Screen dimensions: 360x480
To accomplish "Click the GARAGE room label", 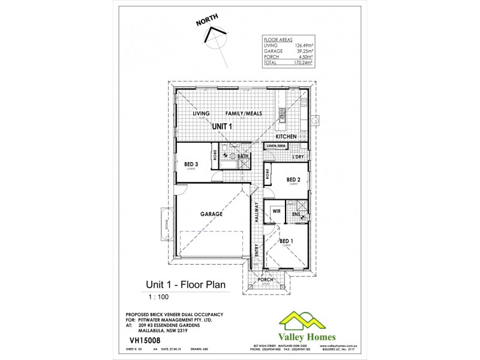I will coord(211,214).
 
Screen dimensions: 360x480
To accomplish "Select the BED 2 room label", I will coord(293,179).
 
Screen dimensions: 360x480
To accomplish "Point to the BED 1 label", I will coord(286,241).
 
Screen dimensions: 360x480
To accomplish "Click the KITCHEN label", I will coord(286,137).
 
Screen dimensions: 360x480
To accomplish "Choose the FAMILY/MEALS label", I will coord(244,113).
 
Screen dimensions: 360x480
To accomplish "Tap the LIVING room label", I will coord(200,113).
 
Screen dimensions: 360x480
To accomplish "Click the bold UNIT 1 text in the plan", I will coord(225,127).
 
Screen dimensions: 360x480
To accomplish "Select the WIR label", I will coord(277,211).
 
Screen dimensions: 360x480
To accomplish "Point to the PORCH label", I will coord(265,280).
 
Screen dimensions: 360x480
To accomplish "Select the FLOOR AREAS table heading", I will coord(274,38).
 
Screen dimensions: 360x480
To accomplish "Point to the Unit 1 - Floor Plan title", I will coord(186,285).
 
